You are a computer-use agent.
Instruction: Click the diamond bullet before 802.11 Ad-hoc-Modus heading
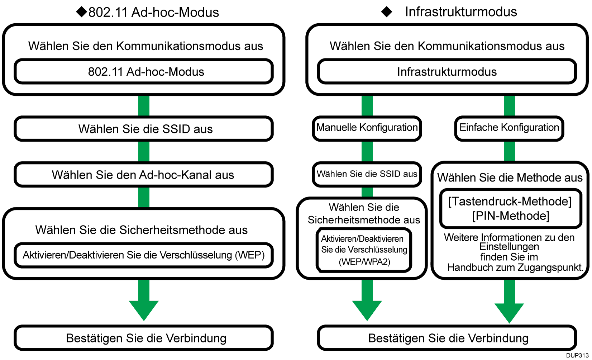[82, 12]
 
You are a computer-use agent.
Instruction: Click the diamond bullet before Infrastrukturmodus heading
[387, 12]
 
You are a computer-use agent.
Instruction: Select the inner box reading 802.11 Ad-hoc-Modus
[144, 72]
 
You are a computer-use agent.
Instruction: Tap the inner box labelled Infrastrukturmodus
[447, 72]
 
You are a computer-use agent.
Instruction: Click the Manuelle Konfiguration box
[367, 128]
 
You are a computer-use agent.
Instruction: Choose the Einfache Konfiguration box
[509, 128]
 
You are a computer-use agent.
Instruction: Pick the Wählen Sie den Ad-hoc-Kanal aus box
[143, 175]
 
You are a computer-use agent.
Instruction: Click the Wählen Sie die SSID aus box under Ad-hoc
[144, 129]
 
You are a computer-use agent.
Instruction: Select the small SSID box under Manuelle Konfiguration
[367, 174]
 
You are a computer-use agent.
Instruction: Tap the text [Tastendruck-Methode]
[510, 202]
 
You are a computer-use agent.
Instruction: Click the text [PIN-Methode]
[511, 216]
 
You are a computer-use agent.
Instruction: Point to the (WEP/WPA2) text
[364, 262]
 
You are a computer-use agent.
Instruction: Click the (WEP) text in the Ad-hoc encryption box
[250, 255]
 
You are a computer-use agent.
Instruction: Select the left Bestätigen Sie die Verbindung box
[144, 338]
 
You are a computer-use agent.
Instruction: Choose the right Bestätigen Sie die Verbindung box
[447, 338]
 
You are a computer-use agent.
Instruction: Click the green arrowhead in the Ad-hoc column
[144, 309]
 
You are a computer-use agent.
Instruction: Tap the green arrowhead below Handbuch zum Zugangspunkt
[509, 312]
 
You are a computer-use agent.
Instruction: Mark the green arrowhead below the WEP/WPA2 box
[367, 309]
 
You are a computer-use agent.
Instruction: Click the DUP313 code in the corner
[577, 355]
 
